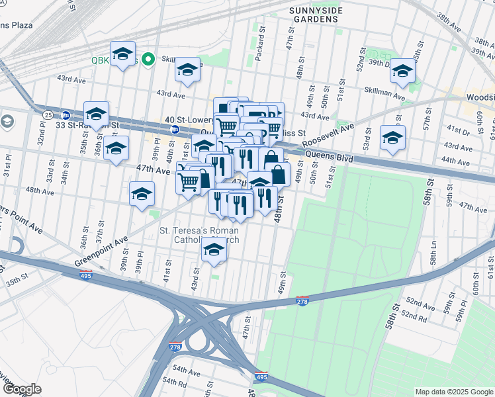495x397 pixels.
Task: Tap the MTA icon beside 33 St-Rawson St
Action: click(x=65, y=114)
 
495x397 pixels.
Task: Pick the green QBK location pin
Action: click(x=149, y=59)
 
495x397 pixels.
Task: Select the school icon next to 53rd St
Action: click(x=392, y=138)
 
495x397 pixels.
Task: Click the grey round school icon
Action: click(x=7, y=122)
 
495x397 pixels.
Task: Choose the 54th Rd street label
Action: click(x=175, y=382)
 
